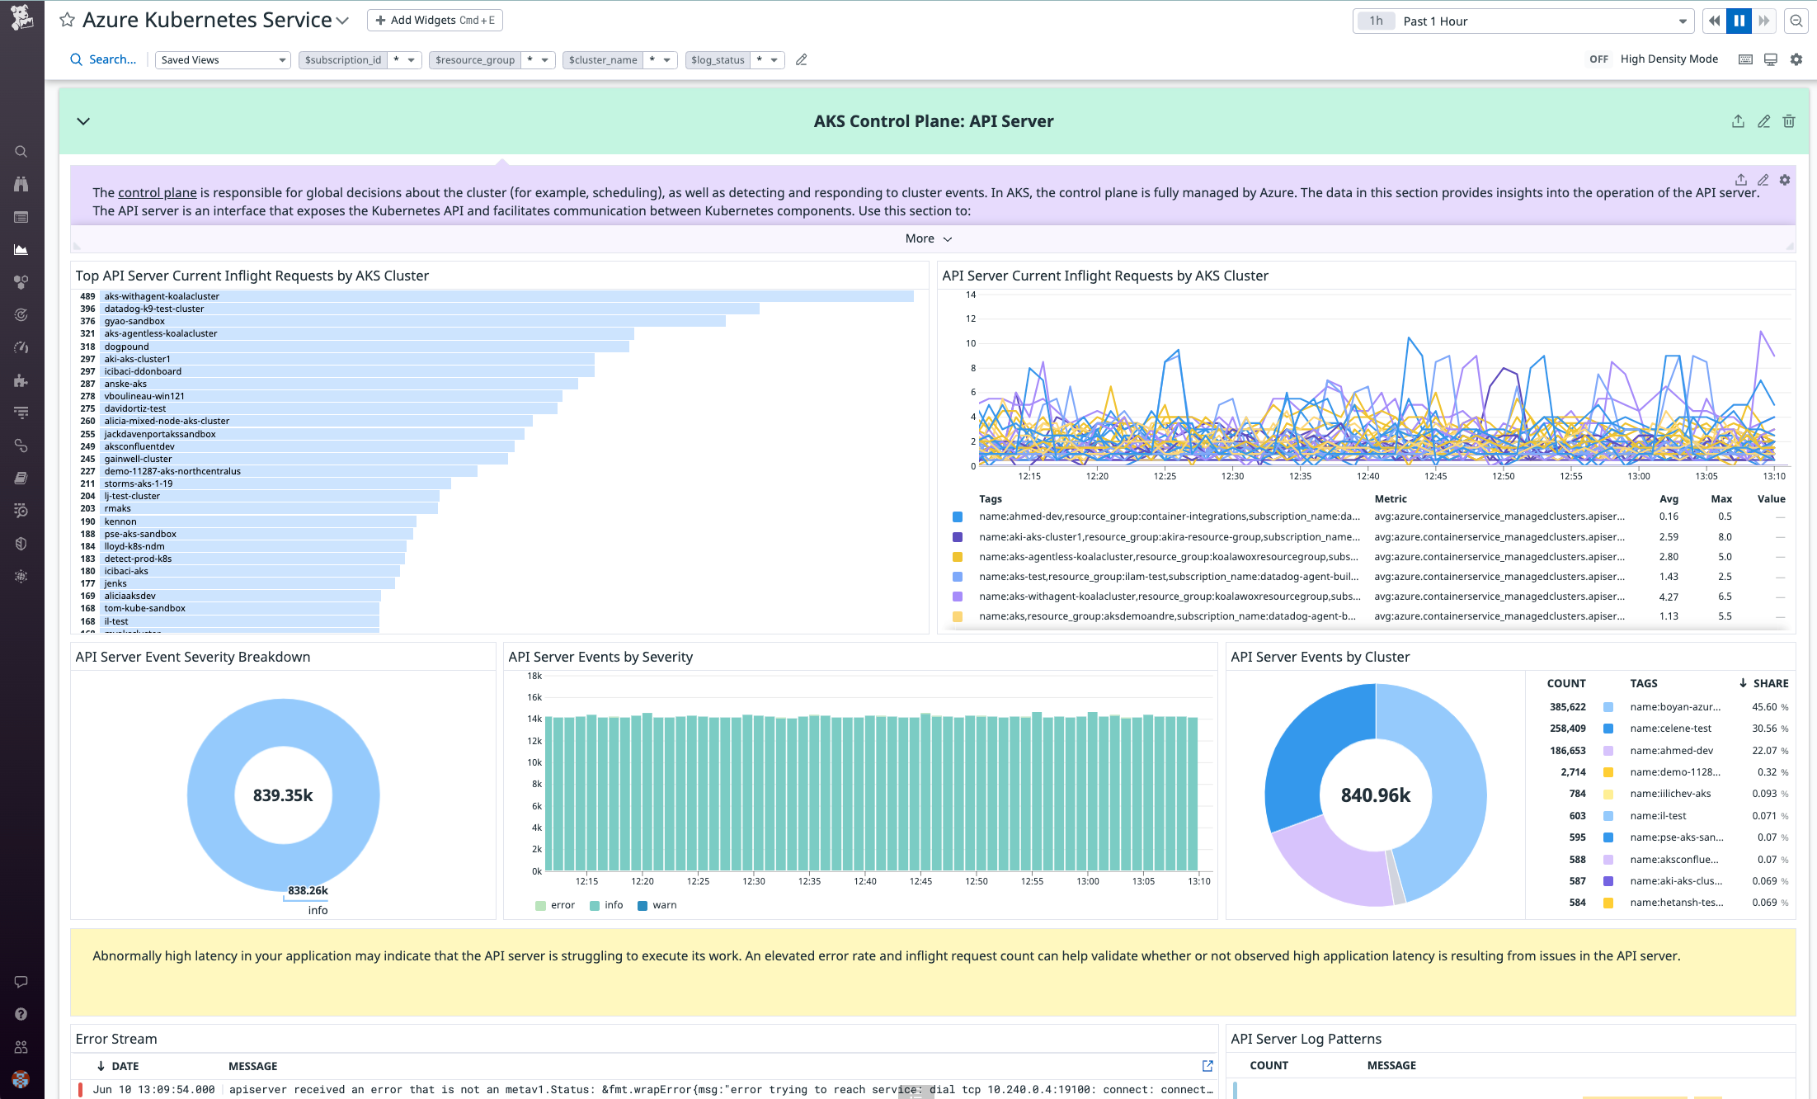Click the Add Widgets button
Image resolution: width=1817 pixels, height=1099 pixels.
435,20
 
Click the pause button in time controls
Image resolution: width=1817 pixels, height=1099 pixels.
1739,21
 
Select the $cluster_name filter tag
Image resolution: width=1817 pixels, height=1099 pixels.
603,59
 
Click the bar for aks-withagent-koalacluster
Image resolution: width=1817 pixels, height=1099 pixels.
507,296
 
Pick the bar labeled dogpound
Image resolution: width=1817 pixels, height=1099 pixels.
363,347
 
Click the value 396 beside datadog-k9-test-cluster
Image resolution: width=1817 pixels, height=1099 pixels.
87,309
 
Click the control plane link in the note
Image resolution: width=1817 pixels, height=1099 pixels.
157,192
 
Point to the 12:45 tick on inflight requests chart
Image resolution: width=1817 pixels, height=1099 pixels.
1435,476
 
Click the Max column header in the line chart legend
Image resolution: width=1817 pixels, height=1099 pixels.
1721,498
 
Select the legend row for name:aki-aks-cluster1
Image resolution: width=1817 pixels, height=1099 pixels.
1168,536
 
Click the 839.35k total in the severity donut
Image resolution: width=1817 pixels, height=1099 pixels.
283,795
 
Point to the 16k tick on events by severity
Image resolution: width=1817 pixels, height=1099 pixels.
534,697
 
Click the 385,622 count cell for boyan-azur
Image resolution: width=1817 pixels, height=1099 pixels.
1567,707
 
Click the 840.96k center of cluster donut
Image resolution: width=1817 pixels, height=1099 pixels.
1375,795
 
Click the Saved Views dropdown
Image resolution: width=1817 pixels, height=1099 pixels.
223,59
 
